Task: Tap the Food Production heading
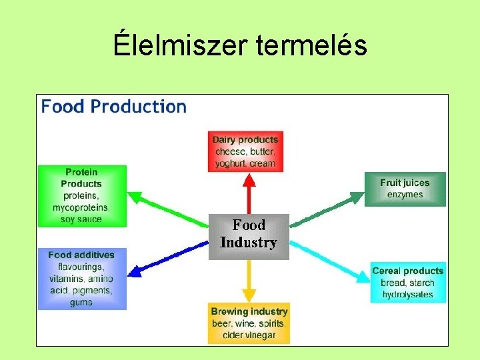[x=114, y=107]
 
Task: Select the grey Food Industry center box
[x=249, y=235]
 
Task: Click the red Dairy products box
[x=245, y=151]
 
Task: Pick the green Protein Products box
[x=81, y=195]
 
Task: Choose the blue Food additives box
[x=81, y=279]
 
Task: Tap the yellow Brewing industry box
[x=249, y=323]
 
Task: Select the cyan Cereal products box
[x=407, y=282]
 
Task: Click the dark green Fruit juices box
[x=405, y=189]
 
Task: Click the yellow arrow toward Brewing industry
[x=249, y=280]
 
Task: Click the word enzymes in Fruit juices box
[x=405, y=195]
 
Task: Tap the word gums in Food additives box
[x=81, y=303]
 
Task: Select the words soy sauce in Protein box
[x=81, y=219]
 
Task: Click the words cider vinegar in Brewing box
[x=249, y=335]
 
